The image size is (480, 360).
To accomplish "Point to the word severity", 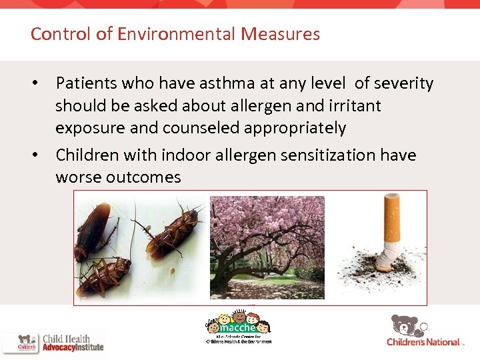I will (404, 83).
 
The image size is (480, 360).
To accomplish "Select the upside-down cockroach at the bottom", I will (103, 275).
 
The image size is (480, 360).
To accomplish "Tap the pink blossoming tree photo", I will (267, 247).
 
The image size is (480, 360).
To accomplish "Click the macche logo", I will (238, 327).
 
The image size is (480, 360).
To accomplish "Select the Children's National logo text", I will (423, 342).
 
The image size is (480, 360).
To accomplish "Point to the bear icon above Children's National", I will (407, 325).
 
